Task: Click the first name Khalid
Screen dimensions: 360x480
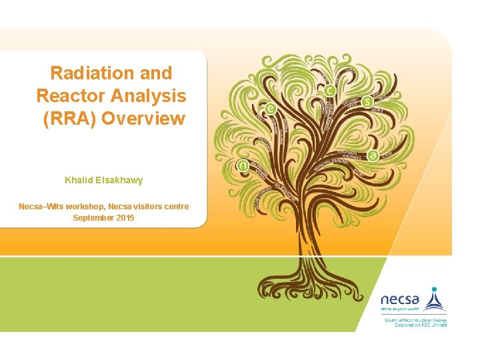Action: (x=79, y=180)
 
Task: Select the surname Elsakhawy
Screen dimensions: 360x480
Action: (x=119, y=180)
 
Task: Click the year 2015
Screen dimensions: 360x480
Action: (x=125, y=218)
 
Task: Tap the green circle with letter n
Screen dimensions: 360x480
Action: (x=243, y=165)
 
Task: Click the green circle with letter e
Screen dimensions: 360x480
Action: (x=270, y=108)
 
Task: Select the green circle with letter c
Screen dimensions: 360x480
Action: (x=330, y=90)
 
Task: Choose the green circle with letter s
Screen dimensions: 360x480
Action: (x=368, y=102)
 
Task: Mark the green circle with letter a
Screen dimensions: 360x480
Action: (x=373, y=155)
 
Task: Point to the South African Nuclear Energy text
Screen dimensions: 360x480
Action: (x=415, y=321)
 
